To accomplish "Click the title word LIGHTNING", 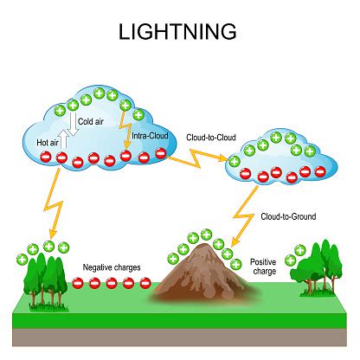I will pos(179,32).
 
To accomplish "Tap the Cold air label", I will pos(92,122).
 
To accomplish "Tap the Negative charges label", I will pos(112,267).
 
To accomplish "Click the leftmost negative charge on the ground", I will pos(79,283).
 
